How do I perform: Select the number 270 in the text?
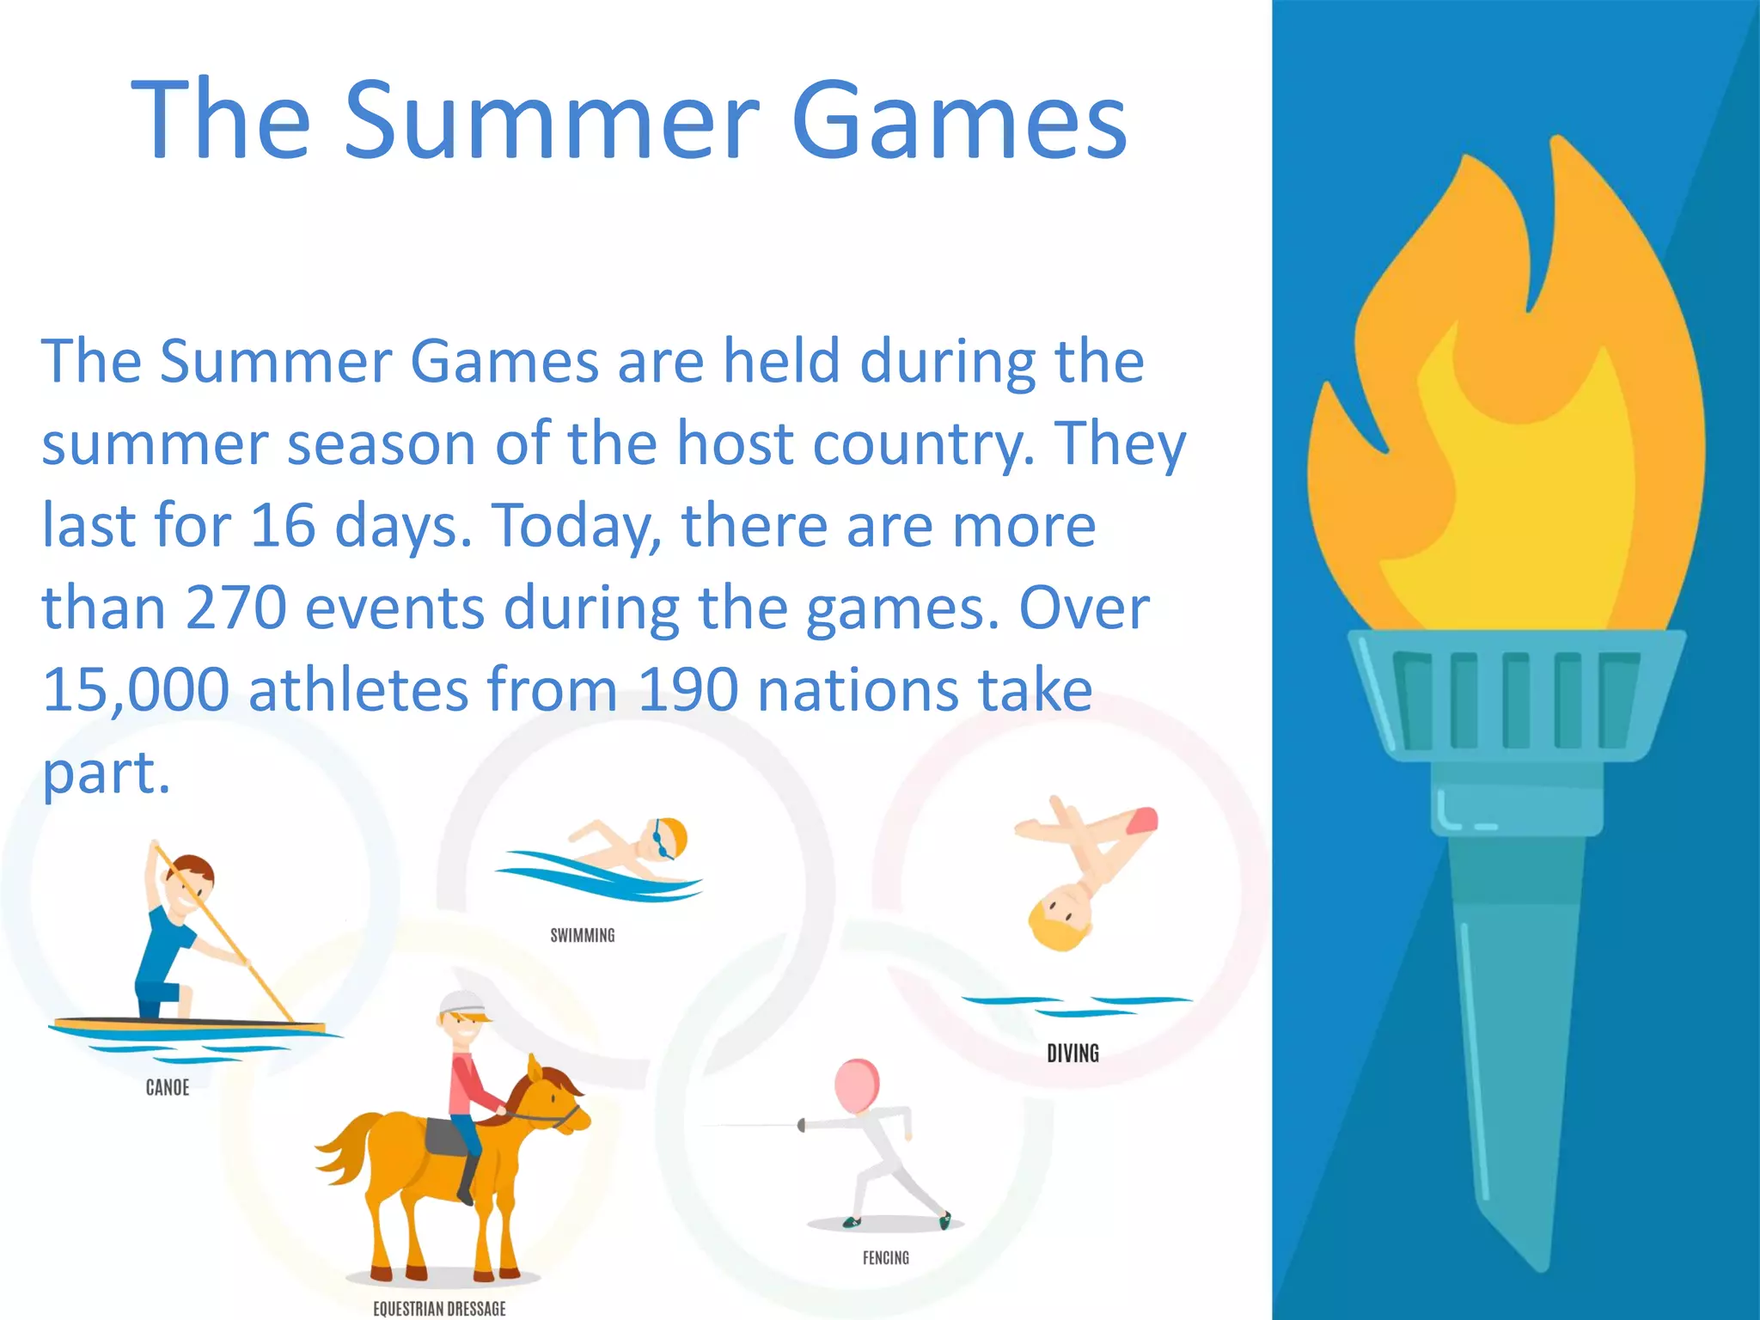[235, 608]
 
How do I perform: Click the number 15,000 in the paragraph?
[136, 690]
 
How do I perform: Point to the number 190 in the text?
[687, 690]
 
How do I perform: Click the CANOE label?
[168, 1088]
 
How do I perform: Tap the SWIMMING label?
[583, 935]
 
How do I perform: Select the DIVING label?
[1072, 1054]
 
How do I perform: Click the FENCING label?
[885, 1258]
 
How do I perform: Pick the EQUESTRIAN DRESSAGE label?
[439, 1309]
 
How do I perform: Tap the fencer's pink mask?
[857, 1085]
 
